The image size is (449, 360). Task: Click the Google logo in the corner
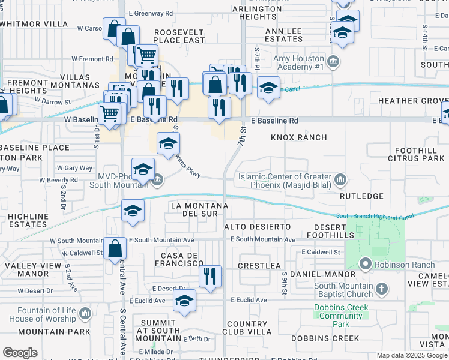20,353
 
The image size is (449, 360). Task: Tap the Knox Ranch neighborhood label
298,137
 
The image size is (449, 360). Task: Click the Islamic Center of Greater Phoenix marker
340,179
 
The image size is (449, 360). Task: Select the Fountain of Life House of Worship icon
85,313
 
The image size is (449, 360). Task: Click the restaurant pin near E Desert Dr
209,277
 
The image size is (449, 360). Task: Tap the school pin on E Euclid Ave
185,300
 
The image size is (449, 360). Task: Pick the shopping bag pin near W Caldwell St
114,248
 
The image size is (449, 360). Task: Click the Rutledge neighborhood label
361,196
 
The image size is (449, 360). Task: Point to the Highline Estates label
24,220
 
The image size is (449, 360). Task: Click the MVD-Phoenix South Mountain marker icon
158,179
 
